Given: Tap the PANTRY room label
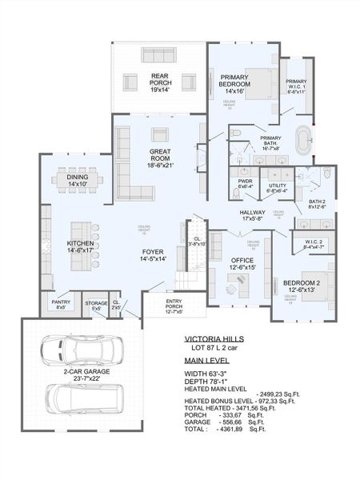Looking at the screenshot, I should tap(61, 304).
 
